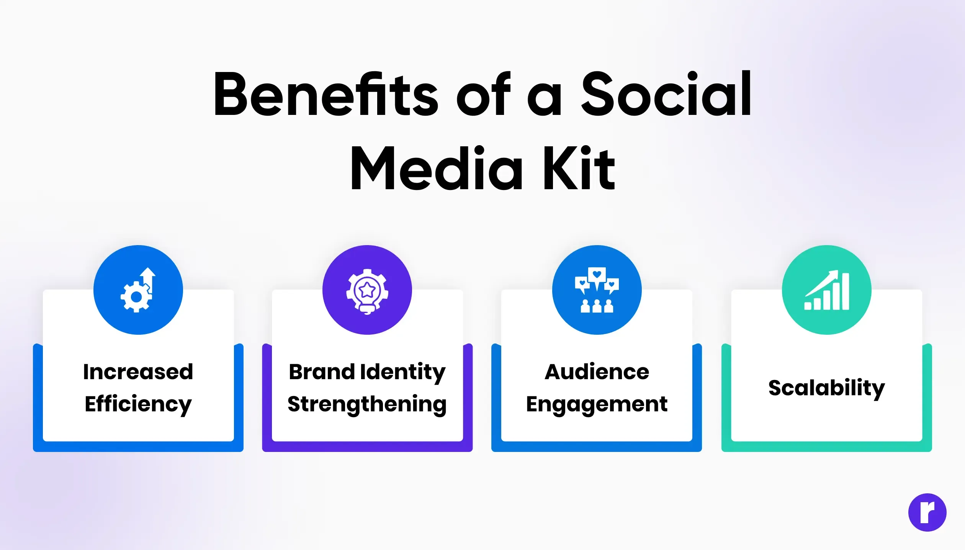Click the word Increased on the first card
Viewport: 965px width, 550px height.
[x=138, y=372]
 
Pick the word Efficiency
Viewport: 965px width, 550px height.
[x=138, y=404]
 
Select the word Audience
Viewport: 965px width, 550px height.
[x=597, y=372]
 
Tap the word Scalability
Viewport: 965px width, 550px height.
[x=827, y=388]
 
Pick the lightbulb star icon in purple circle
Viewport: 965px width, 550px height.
[x=367, y=291]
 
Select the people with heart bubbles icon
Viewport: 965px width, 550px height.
[x=597, y=290]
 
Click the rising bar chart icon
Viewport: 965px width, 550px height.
[x=827, y=290]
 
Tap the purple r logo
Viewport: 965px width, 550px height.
[x=927, y=512]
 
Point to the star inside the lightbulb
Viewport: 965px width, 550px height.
[x=367, y=290]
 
